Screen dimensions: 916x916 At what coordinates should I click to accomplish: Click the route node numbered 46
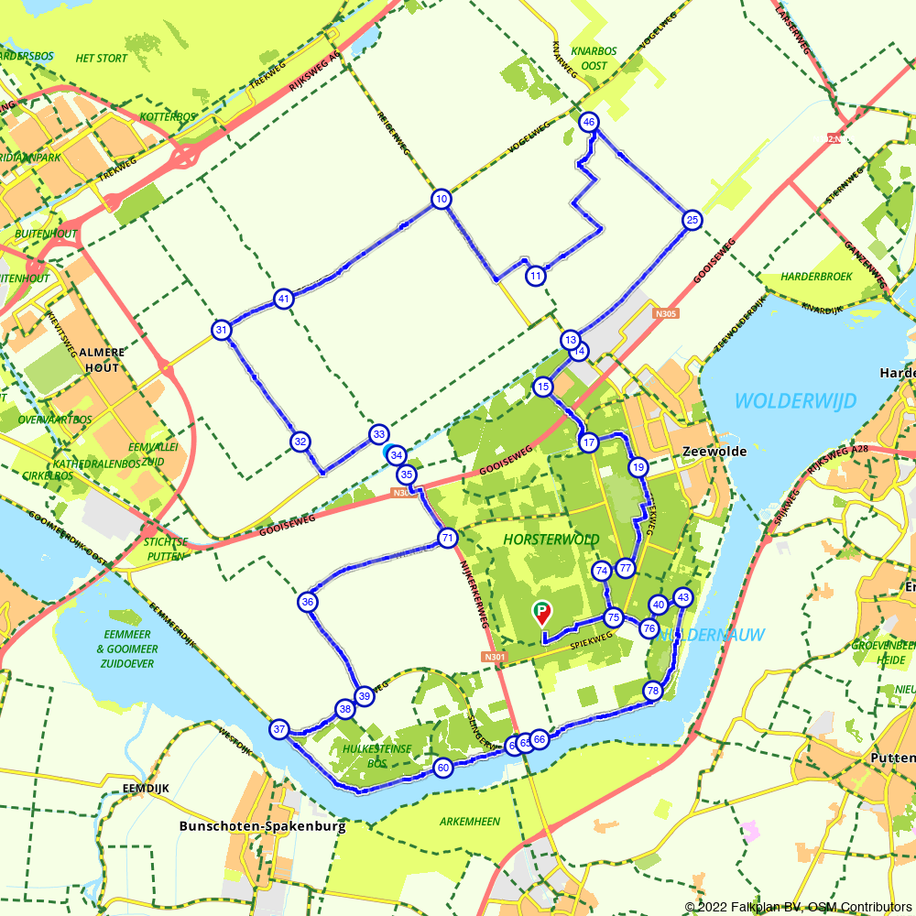(589, 122)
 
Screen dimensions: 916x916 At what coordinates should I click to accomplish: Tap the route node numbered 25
(692, 220)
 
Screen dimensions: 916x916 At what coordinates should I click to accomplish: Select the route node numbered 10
(442, 200)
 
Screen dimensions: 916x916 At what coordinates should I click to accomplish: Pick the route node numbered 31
(221, 331)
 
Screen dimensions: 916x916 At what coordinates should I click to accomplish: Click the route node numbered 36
(308, 602)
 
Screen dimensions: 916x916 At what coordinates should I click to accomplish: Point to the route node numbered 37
(279, 729)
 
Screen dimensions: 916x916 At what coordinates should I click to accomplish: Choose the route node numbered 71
(447, 538)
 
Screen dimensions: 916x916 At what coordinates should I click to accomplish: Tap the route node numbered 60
(443, 768)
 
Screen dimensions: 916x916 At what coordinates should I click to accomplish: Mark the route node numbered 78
(652, 691)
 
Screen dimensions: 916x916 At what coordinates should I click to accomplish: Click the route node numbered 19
(638, 468)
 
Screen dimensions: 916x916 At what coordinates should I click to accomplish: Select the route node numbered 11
(536, 275)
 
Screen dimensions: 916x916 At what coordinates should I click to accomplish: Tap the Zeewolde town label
(714, 452)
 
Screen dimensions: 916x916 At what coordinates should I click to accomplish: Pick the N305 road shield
(667, 313)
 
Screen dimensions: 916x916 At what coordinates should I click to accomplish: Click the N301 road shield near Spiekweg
(494, 657)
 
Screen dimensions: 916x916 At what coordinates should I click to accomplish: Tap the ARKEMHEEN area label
(470, 822)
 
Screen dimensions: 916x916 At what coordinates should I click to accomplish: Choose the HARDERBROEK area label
(817, 276)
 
